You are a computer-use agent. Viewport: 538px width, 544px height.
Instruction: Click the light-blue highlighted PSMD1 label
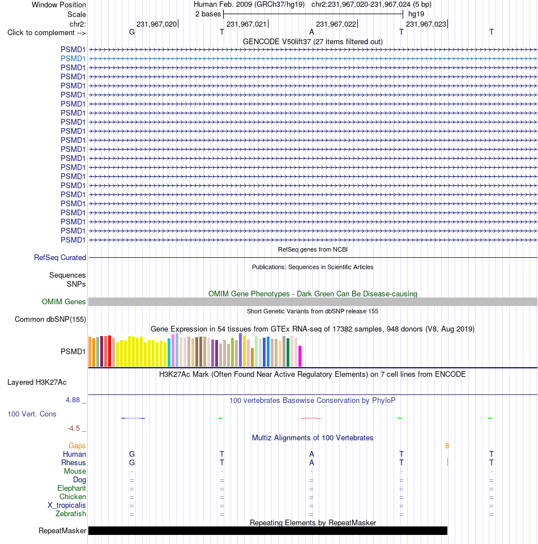(x=73, y=58)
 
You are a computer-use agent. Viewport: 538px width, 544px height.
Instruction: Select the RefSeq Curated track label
(x=60, y=257)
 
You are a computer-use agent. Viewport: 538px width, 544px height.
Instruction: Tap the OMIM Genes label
(x=64, y=302)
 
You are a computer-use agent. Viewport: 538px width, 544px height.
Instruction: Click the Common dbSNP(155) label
(x=50, y=319)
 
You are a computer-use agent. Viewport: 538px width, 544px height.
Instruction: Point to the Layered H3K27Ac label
(x=37, y=382)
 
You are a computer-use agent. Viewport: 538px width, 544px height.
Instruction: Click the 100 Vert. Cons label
(x=32, y=414)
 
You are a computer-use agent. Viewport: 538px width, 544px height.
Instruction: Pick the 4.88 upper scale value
(x=73, y=400)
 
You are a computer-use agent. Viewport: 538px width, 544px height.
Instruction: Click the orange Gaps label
(x=77, y=445)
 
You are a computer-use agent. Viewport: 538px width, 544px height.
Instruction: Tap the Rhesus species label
(x=74, y=463)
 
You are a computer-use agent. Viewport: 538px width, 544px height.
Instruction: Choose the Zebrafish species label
(x=71, y=513)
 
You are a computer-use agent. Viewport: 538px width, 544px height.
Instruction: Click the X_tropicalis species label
(x=67, y=505)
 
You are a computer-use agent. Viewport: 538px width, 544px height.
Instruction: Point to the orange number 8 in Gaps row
(x=447, y=446)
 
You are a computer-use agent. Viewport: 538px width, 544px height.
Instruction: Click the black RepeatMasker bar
(x=268, y=530)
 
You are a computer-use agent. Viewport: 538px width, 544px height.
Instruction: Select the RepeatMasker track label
(x=62, y=531)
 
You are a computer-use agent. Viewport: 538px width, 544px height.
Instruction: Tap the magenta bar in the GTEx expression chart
(x=300, y=356)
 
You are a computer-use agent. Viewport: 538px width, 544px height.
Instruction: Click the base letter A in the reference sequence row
(x=311, y=32)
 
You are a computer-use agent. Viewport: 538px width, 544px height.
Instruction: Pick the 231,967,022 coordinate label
(x=336, y=24)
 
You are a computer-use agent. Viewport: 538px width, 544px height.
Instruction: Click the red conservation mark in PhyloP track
(x=311, y=418)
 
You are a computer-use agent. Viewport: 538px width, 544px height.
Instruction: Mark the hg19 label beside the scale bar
(x=416, y=14)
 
